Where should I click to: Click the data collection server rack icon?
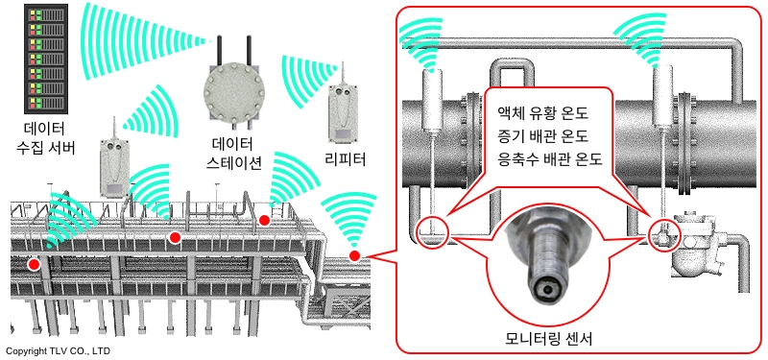[x=46, y=60]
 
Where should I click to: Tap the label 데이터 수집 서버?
[x=49, y=138]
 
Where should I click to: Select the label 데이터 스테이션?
[x=233, y=153]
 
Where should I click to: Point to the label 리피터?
[x=346, y=159]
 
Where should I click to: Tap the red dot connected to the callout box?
[x=354, y=255]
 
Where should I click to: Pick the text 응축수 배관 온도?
[x=549, y=159]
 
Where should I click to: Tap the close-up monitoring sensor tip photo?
[x=549, y=261]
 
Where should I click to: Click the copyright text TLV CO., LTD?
[x=58, y=350]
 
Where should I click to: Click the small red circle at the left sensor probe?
[x=432, y=230]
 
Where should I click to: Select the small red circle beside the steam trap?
[x=664, y=235]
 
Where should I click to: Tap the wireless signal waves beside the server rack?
[x=142, y=40]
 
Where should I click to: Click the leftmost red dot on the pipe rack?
[x=34, y=265]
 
